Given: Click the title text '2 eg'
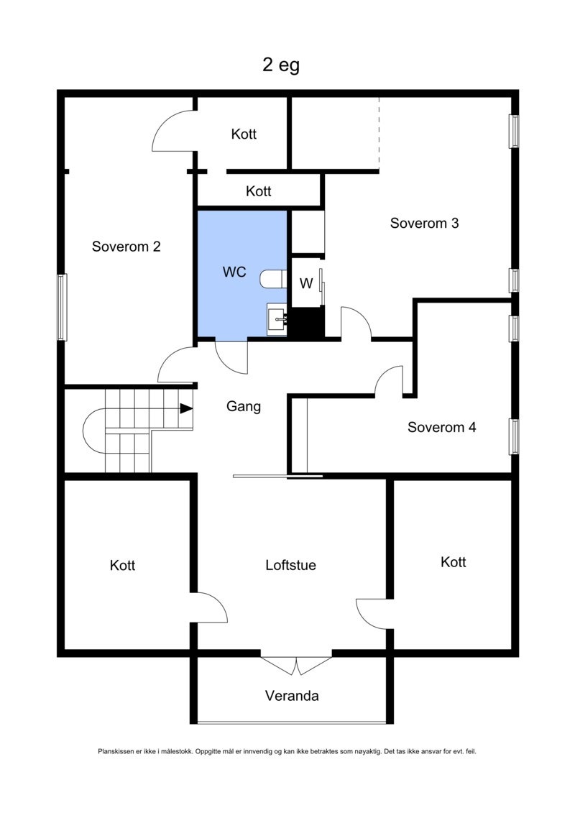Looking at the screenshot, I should [280, 65].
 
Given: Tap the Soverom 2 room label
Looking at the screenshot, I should [126, 247].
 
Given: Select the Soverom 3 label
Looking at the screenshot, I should [424, 223].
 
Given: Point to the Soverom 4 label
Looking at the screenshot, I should [442, 427].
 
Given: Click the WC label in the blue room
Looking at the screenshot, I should [235, 272].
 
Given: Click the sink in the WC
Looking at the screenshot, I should [277, 319].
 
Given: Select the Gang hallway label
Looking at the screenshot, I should [244, 406].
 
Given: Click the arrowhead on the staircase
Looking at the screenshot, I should [187, 408].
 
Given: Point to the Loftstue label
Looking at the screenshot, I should [290, 565].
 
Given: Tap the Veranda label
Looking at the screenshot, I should [292, 696].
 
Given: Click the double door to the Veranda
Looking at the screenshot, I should [296, 665].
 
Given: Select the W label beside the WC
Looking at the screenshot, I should [306, 283].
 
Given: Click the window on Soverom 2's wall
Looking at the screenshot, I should [63, 307].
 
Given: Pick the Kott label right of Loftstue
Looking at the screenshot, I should [454, 562].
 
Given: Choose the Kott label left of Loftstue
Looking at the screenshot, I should [122, 566].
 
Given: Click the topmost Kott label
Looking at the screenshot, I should [244, 134].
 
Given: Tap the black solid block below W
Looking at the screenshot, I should [308, 323].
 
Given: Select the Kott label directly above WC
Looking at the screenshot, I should [258, 191].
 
